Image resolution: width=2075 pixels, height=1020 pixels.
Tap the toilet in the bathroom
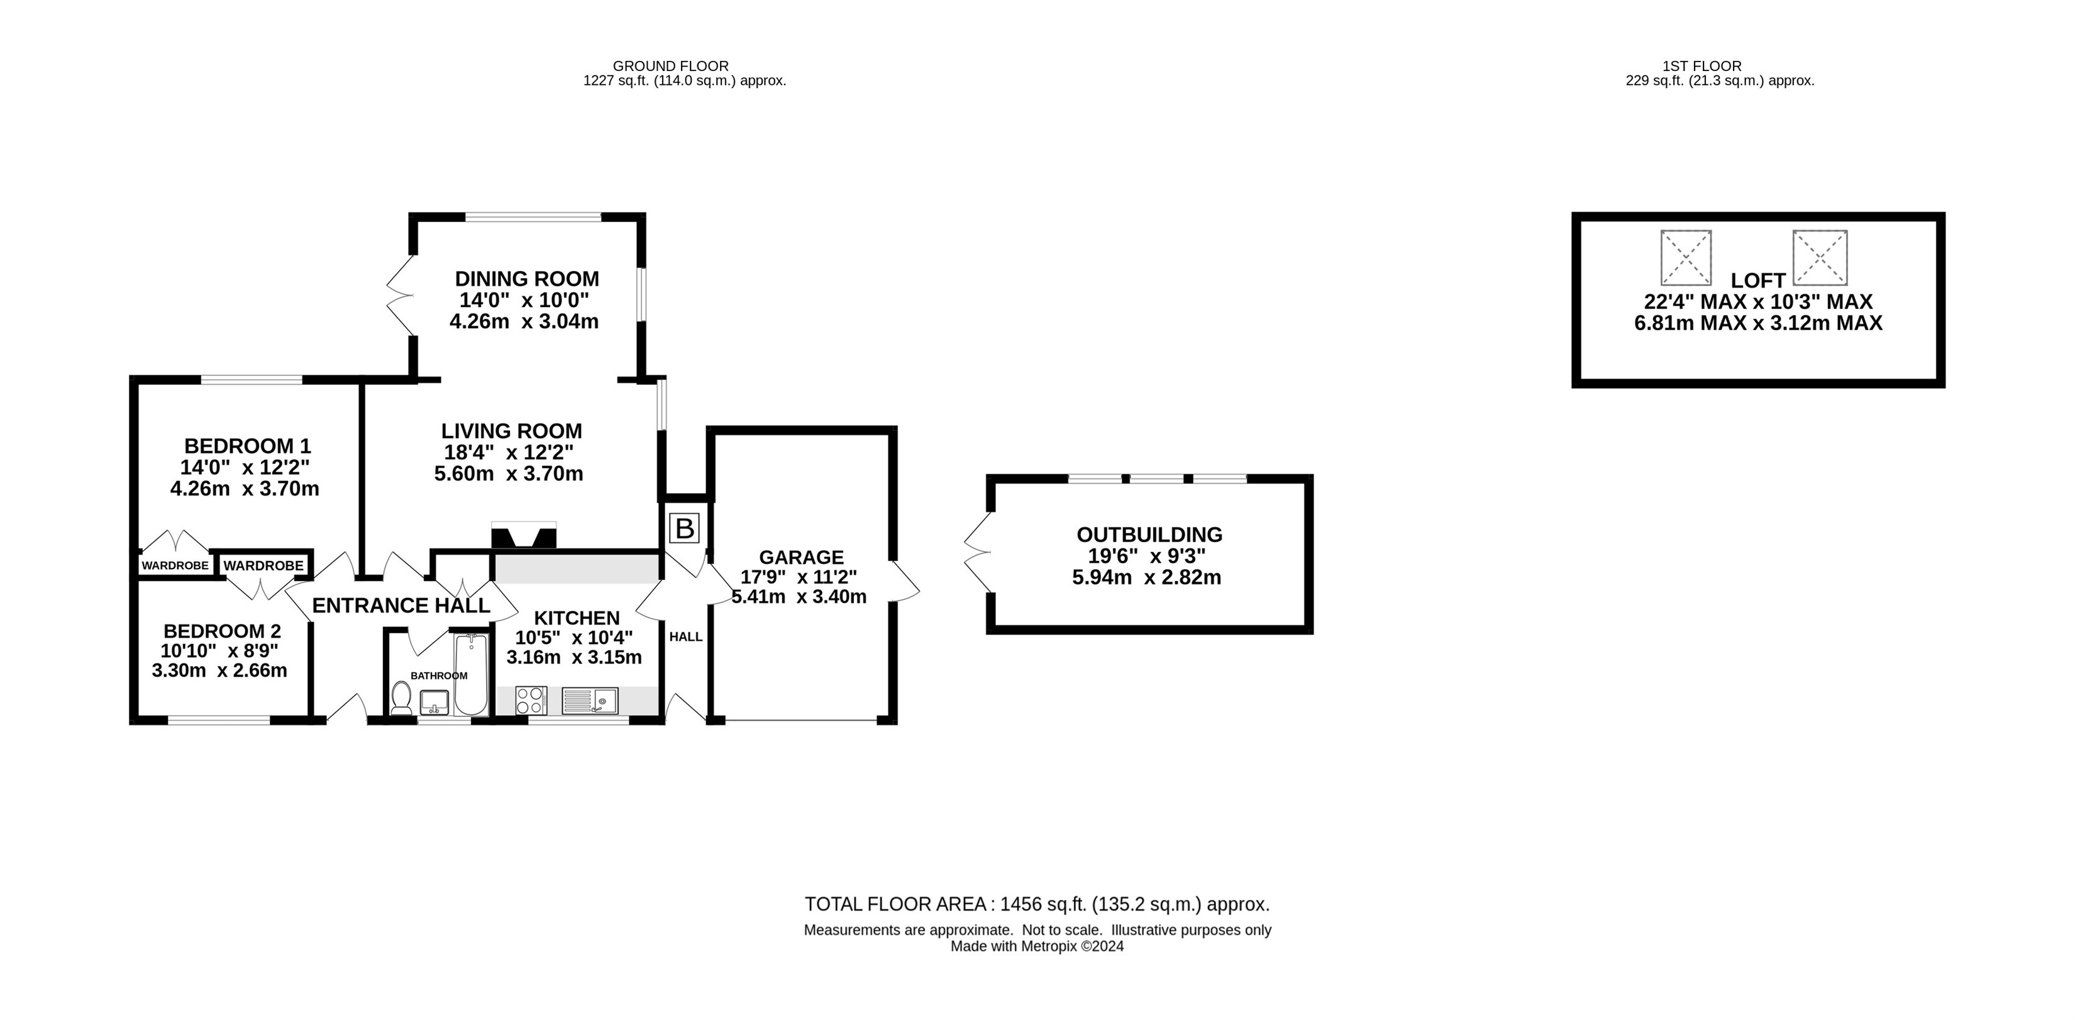[x=401, y=699]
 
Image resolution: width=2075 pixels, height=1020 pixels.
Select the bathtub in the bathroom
[x=470, y=675]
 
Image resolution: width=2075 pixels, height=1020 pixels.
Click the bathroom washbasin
[x=434, y=702]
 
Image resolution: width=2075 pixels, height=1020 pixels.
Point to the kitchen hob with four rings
[x=530, y=700]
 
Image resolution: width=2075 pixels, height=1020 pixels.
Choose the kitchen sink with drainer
[x=590, y=700]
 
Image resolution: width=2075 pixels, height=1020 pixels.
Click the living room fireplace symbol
[x=524, y=536]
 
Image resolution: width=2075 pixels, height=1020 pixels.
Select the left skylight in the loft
[x=1686, y=258]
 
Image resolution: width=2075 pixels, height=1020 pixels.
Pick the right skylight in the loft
[x=1820, y=258]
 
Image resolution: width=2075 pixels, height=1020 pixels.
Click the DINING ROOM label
[x=527, y=279]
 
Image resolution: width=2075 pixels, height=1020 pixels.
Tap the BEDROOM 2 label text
[x=223, y=631]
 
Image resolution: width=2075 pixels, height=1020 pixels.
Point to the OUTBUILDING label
[x=1149, y=534]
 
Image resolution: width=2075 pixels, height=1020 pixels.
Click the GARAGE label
[x=802, y=557]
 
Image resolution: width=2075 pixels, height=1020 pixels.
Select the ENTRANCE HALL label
[x=401, y=605]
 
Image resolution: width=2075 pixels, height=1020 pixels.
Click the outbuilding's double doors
[x=977, y=553]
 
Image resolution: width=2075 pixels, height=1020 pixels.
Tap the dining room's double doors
[x=399, y=296]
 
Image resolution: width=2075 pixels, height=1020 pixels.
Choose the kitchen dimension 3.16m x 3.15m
[x=573, y=657]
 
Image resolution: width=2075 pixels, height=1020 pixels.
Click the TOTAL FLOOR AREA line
[x=1037, y=904]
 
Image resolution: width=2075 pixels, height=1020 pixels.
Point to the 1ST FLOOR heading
[x=1701, y=66]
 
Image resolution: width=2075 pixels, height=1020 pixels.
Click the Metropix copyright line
[x=1037, y=946]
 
